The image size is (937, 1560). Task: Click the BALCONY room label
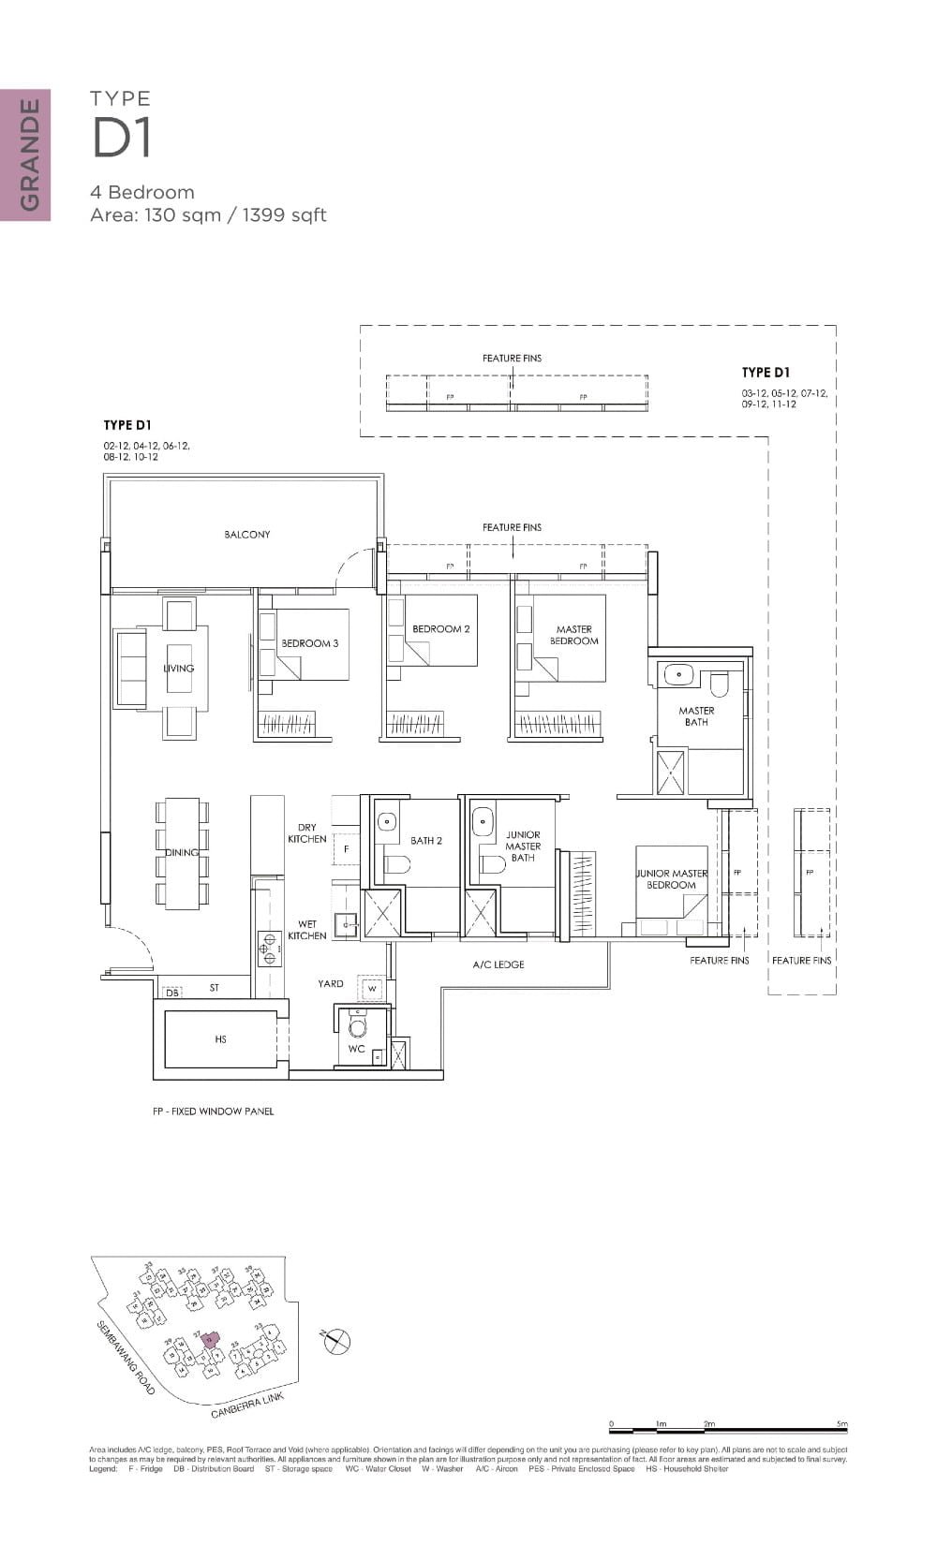pyautogui.click(x=246, y=535)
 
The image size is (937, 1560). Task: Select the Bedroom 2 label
pyautogui.click(x=440, y=629)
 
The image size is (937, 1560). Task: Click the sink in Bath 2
pyautogui.click(x=387, y=822)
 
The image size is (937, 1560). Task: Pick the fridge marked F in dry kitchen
pyautogui.click(x=346, y=849)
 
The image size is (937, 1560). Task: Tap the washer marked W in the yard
pyautogui.click(x=372, y=989)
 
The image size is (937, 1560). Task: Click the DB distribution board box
pyautogui.click(x=172, y=993)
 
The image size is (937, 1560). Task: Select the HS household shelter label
pyautogui.click(x=220, y=1039)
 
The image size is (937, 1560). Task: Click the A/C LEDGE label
pyautogui.click(x=498, y=964)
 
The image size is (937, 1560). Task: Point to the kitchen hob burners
pyautogui.click(x=269, y=948)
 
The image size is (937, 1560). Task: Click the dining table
pyautogui.click(x=182, y=852)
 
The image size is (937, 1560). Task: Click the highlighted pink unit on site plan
pyautogui.click(x=210, y=1340)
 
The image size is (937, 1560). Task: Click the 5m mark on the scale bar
pyautogui.click(x=844, y=1428)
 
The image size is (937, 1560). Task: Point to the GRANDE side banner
pyautogui.click(x=25, y=155)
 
